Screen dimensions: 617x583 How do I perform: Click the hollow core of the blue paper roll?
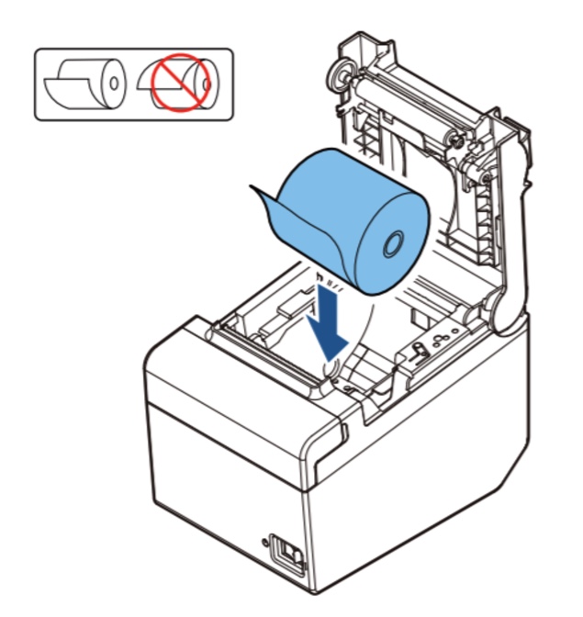tap(389, 244)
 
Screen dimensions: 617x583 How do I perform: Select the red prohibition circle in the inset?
tap(179, 82)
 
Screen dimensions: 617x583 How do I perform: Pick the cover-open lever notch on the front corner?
tap(336, 432)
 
